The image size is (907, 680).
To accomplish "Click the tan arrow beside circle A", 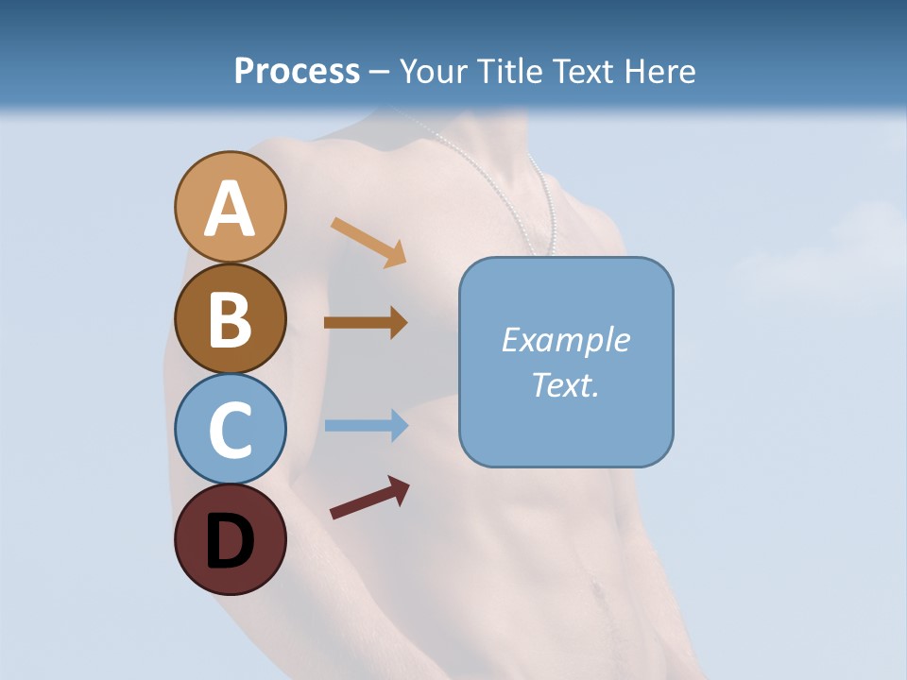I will pyautogui.click(x=368, y=241).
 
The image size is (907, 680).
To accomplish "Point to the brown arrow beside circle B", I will pyautogui.click(x=366, y=322).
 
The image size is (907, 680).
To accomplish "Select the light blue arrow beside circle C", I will pyautogui.click(x=367, y=425).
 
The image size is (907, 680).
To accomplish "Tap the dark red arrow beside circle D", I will pyautogui.click(x=369, y=498).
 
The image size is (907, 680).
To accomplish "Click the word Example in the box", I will pyautogui.click(x=566, y=340).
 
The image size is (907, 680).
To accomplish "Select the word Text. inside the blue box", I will pyautogui.click(x=566, y=385).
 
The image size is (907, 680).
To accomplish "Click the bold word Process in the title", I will pyautogui.click(x=297, y=71).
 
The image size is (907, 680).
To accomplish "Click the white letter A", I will pyautogui.click(x=230, y=209).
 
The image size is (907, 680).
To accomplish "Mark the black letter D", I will pyautogui.click(x=230, y=541).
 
